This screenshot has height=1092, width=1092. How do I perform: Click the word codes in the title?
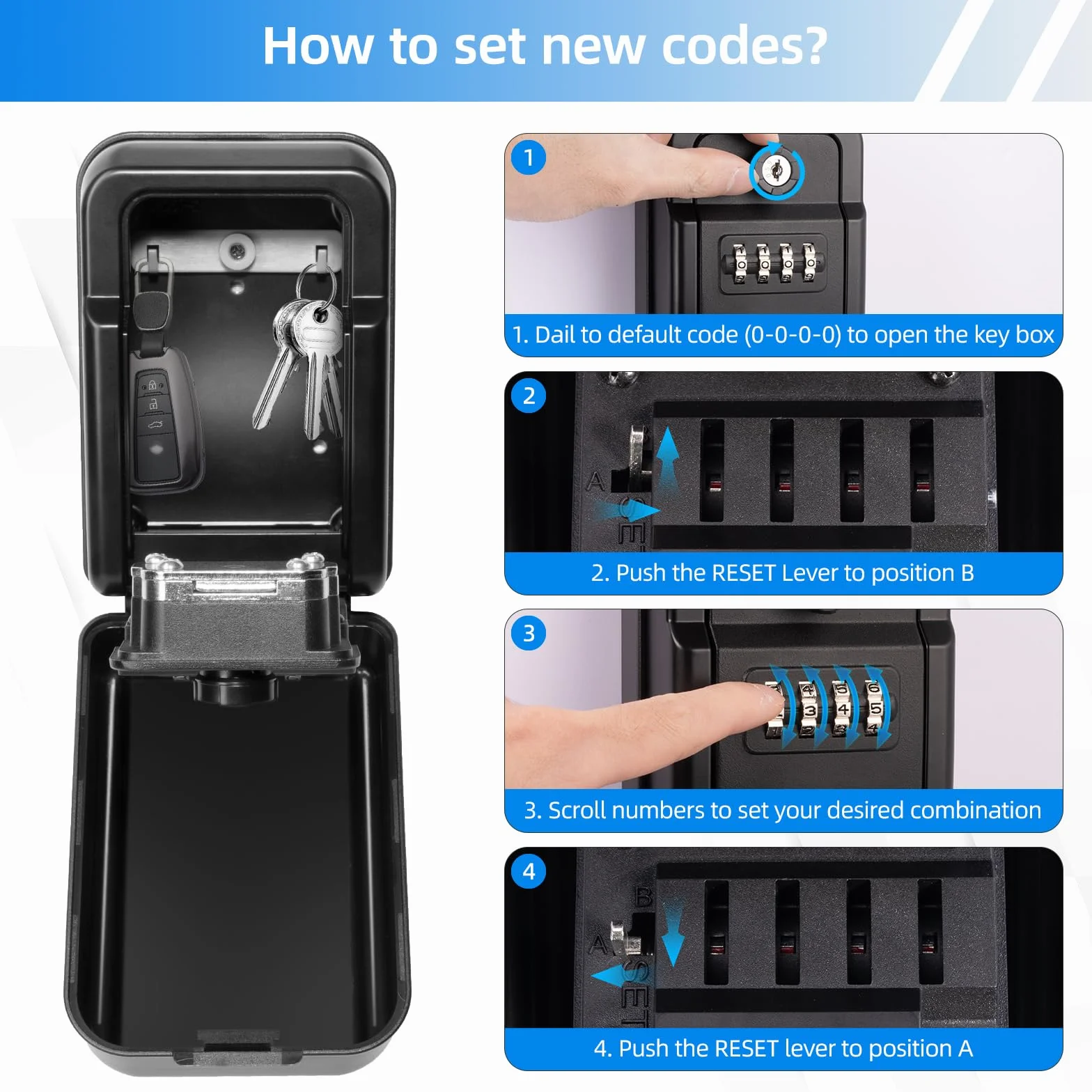click(744, 46)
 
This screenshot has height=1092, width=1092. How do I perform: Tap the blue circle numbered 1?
click(529, 157)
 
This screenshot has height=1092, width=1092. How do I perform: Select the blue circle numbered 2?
click(529, 396)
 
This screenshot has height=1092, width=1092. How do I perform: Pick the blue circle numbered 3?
click(529, 633)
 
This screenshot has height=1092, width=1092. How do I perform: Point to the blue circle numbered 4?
click(529, 871)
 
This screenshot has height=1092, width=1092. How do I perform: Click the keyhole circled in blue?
click(777, 171)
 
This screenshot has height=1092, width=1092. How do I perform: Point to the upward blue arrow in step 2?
click(668, 460)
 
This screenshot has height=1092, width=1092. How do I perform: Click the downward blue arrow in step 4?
click(673, 932)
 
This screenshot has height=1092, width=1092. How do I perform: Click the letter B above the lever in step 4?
click(644, 897)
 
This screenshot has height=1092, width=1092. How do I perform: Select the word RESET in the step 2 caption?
click(744, 573)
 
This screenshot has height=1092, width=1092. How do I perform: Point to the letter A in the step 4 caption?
click(965, 1048)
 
